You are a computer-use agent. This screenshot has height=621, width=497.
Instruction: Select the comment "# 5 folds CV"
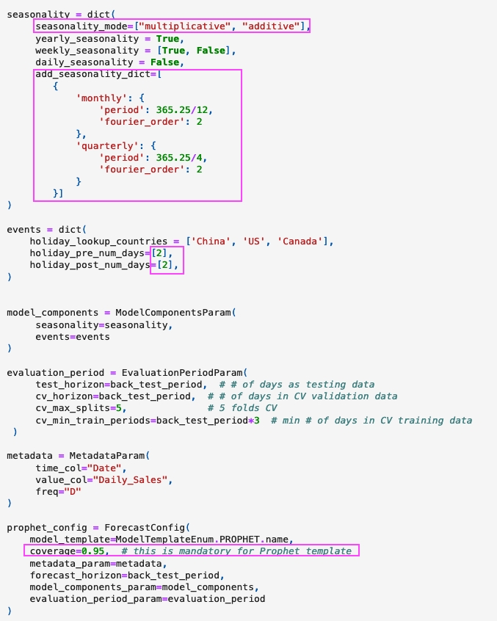tap(242, 408)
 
